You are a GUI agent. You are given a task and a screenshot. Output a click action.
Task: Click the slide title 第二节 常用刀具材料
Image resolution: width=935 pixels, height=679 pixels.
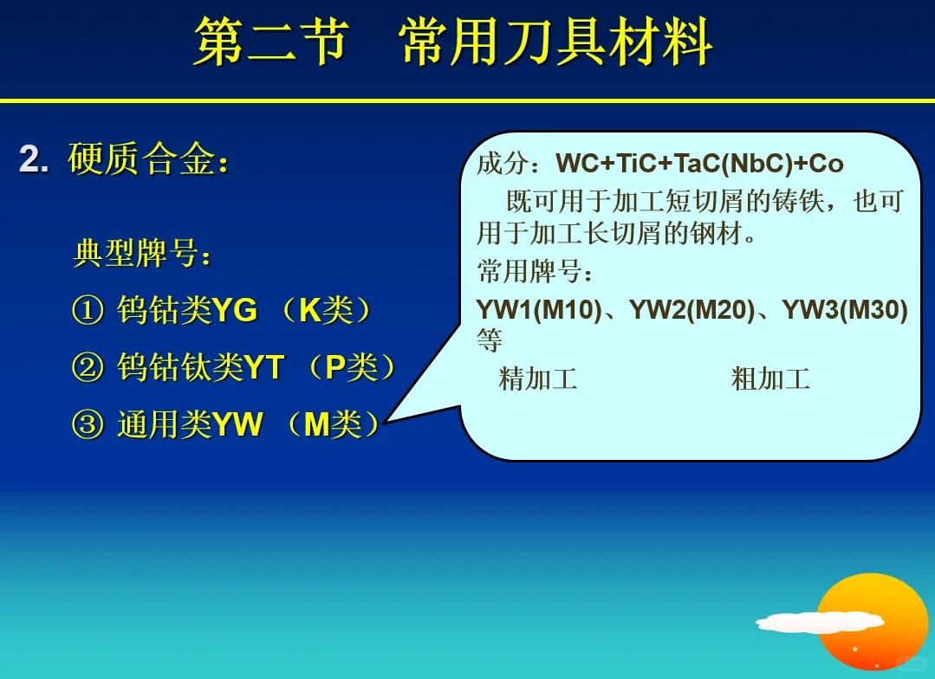pos(452,42)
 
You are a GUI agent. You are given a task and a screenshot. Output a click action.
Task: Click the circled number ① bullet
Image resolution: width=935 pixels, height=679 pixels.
pos(88,311)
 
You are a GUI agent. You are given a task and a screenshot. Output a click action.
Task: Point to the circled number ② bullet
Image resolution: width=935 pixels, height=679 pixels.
pos(88,369)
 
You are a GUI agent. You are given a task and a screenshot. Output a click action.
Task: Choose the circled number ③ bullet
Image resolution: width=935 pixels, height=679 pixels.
pos(88,425)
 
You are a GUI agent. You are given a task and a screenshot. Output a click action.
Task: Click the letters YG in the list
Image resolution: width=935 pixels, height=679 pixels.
pos(235,311)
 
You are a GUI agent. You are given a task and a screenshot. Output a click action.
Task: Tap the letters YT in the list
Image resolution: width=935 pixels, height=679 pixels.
pos(264,369)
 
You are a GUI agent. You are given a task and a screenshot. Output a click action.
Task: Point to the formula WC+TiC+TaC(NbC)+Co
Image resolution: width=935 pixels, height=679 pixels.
pos(699,164)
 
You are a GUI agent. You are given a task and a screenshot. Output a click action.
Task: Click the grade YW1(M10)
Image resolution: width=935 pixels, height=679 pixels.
pos(538,310)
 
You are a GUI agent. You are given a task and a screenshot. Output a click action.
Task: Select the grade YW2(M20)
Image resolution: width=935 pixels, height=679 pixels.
pos(692,310)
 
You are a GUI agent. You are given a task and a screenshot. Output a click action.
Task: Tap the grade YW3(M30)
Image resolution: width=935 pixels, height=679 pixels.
pos(845,310)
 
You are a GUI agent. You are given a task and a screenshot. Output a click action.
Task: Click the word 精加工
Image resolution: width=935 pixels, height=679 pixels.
pos(538,378)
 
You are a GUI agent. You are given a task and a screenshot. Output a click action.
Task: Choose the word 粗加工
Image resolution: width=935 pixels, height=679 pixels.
pos(770,378)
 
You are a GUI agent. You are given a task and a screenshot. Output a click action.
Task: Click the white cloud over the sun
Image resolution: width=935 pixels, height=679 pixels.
pos(819,622)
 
